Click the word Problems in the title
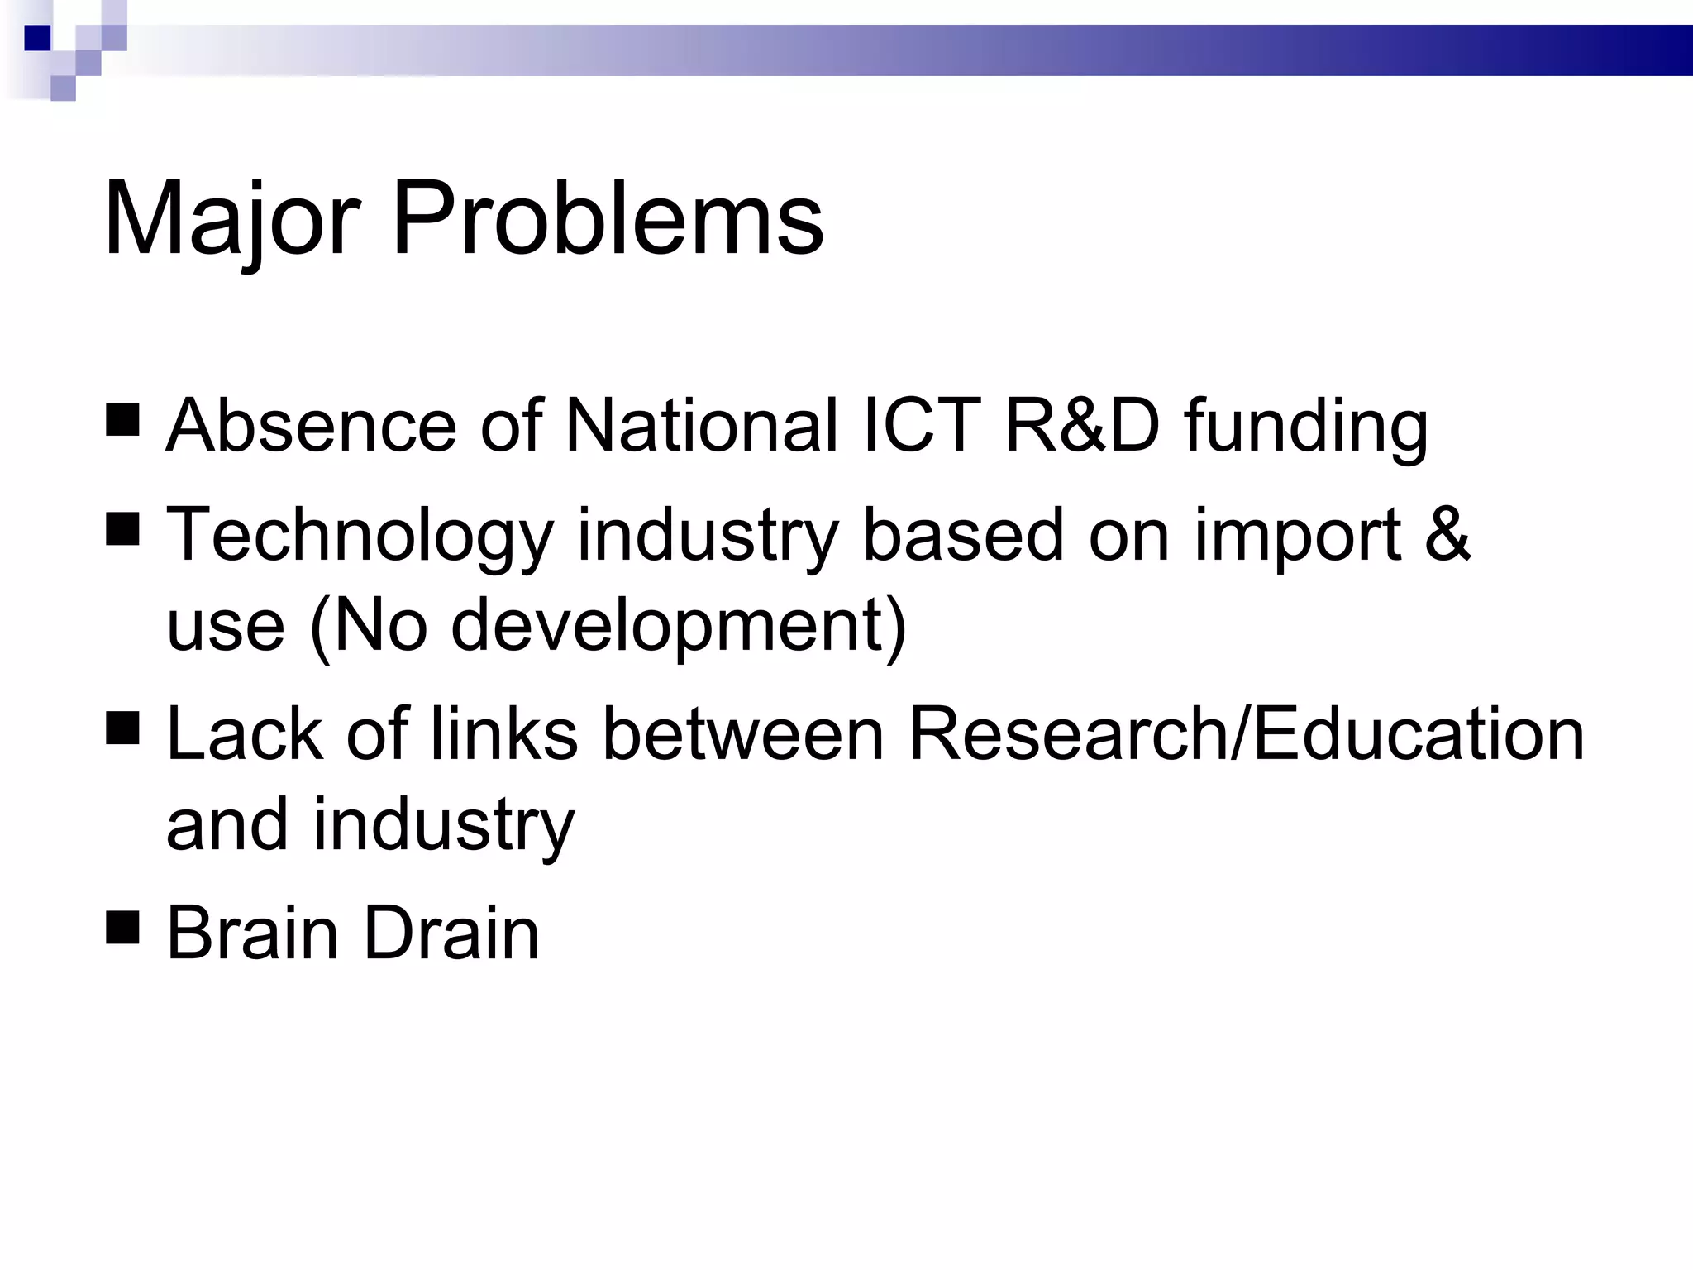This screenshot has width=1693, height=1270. click(608, 219)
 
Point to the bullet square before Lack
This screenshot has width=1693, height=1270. click(122, 728)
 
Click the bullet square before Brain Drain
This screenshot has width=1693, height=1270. click(122, 926)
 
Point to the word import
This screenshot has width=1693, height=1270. click(1298, 536)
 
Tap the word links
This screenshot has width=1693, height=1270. click(503, 734)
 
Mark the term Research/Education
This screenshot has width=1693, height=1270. click(1247, 734)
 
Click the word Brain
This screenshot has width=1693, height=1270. click(253, 933)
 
